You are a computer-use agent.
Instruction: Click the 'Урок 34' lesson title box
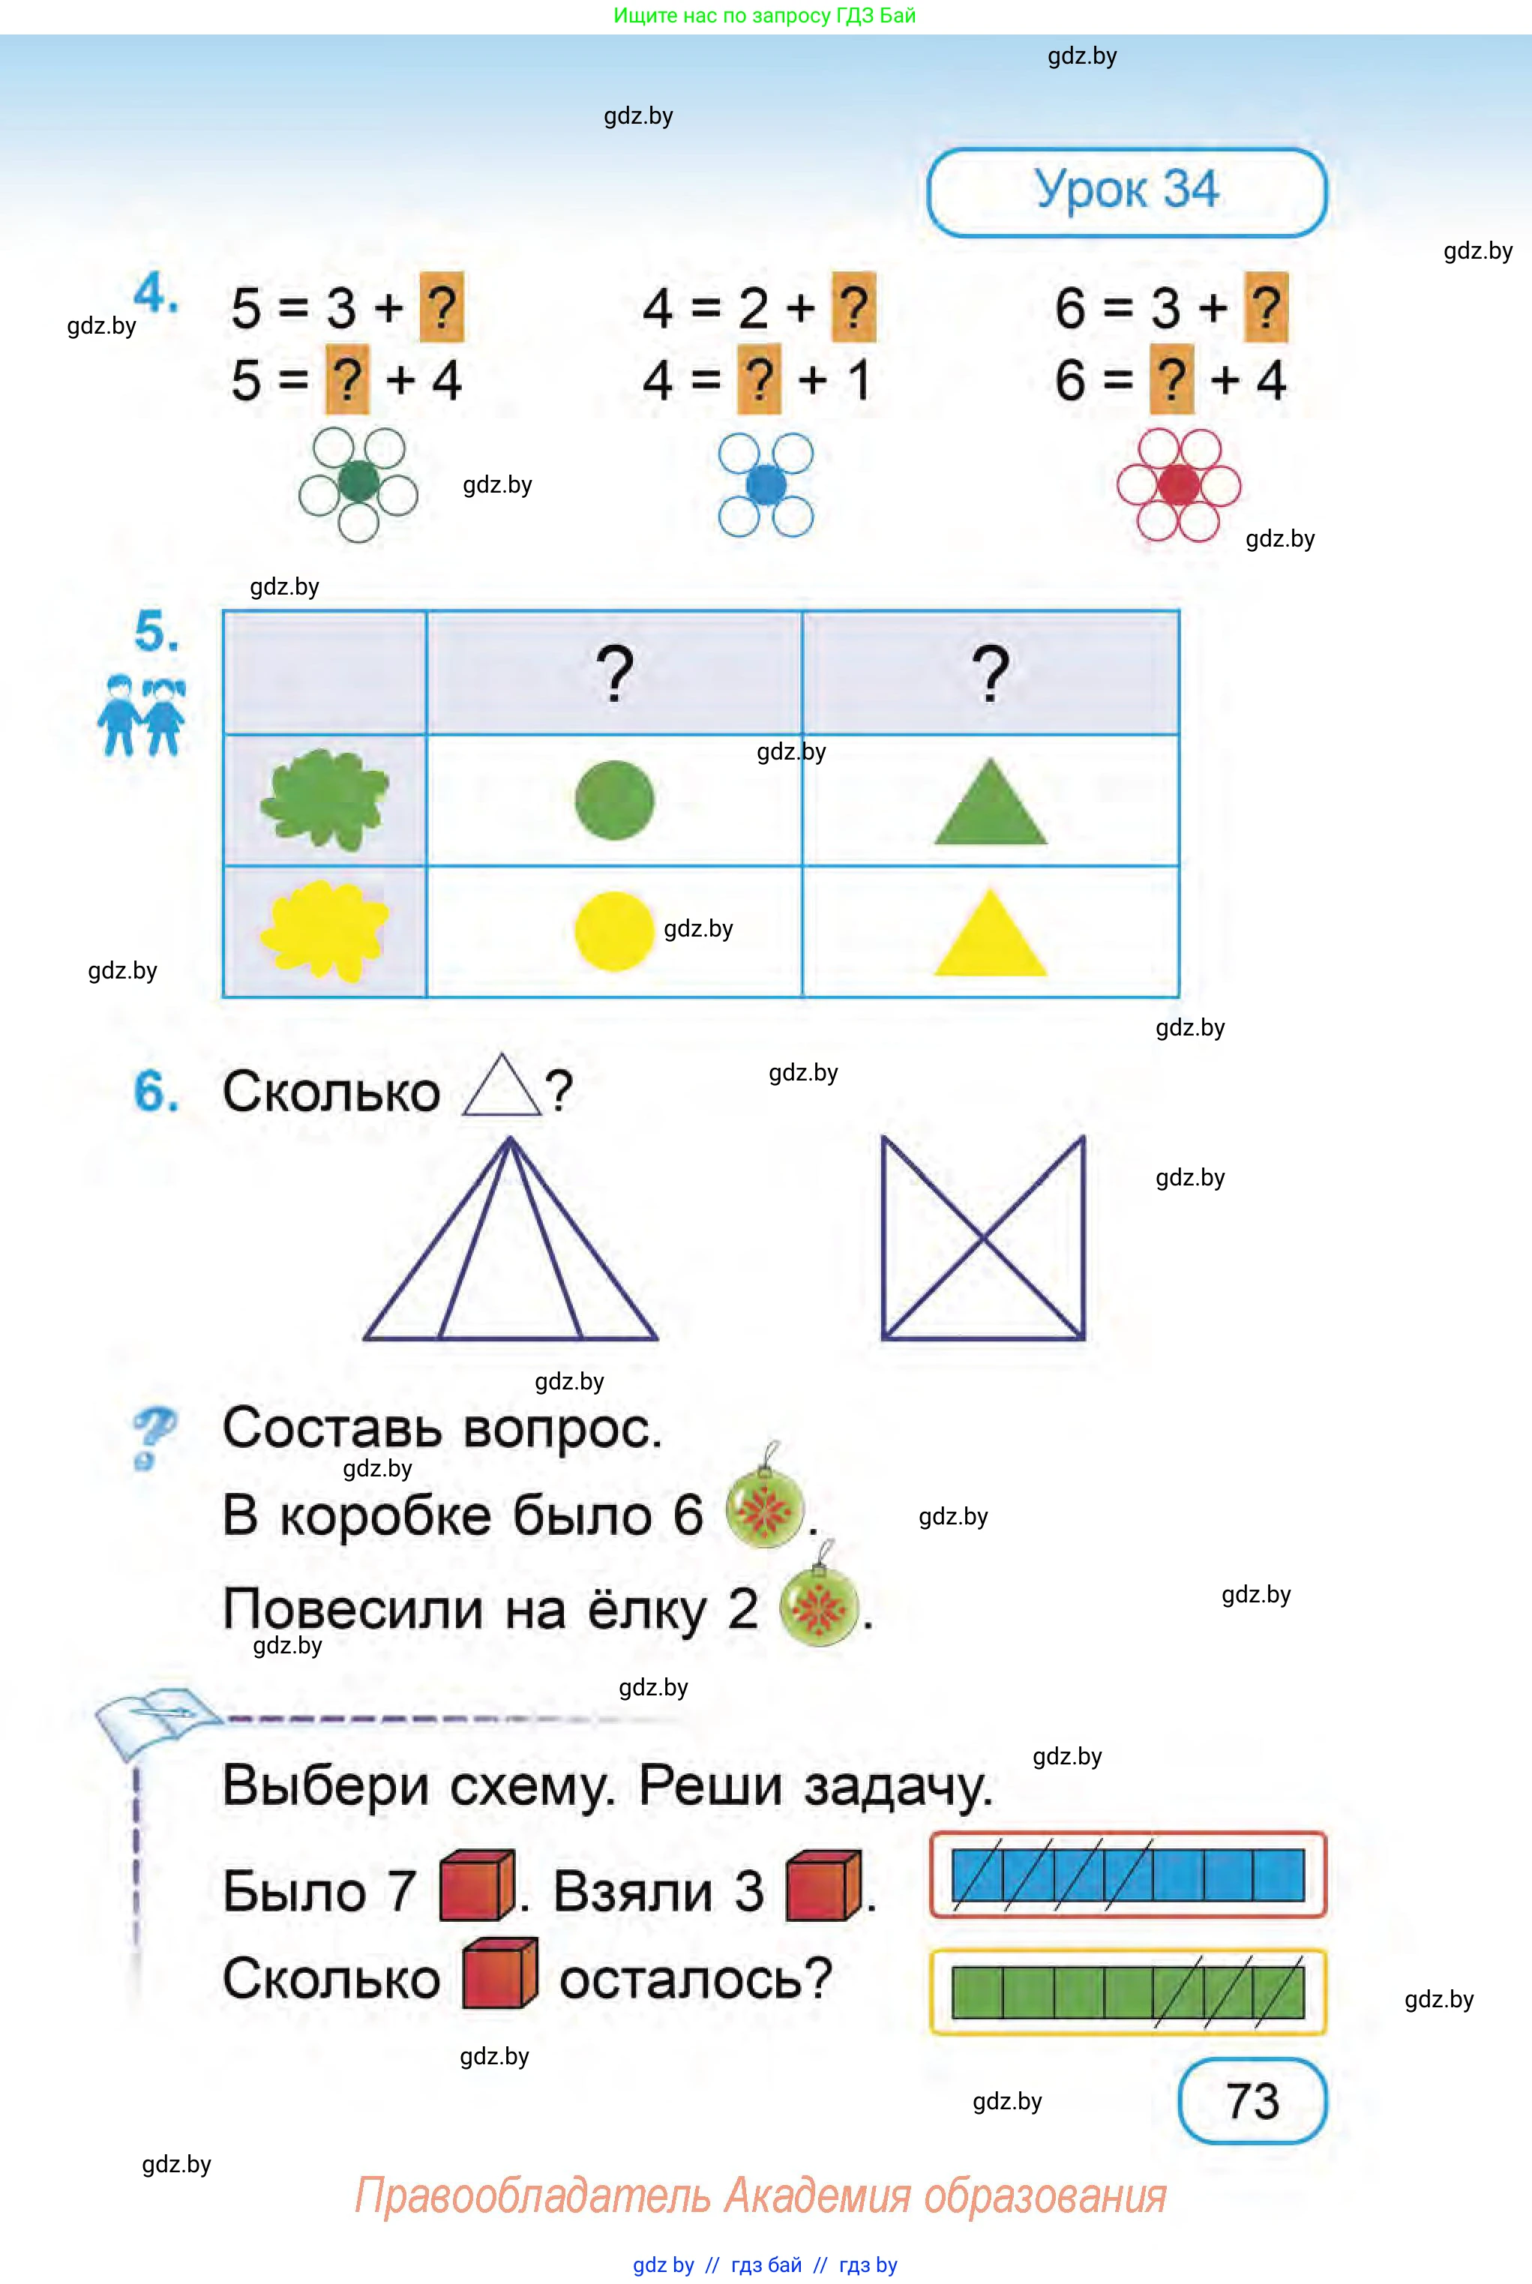tap(1126, 191)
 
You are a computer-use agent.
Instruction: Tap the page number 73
tap(1252, 2100)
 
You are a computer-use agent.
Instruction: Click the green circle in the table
tap(613, 800)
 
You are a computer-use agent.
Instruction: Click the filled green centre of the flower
tap(358, 481)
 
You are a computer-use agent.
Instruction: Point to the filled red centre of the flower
tap(1178, 484)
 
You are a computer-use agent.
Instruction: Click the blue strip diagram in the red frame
tap(1128, 1875)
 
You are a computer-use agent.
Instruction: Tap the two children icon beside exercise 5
tap(141, 715)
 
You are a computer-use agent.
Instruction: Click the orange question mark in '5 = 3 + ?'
tap(442, 307)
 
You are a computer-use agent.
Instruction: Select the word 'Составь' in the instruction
tap(332, 1429)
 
